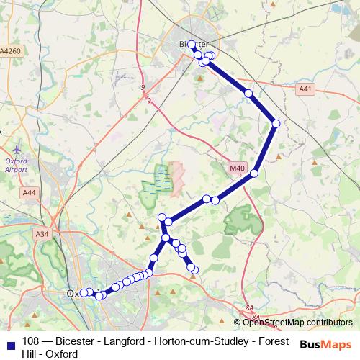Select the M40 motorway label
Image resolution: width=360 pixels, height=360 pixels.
[238, 168]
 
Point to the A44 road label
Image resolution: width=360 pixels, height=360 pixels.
[29, 193]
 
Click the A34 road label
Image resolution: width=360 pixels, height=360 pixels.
[42, 234]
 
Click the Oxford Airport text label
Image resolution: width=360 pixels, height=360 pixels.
[16, 165]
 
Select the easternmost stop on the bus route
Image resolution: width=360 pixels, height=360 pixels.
[276, 124]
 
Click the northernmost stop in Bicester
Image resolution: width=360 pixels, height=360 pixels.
[192, 45]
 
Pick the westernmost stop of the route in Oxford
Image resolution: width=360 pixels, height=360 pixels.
[83, 292]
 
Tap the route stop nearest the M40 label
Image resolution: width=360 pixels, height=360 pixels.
[254, 173]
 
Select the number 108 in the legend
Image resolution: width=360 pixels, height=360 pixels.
[31, 341]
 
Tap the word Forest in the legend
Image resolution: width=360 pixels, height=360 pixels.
[272, 341]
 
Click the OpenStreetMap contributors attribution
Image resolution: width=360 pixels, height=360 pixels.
[297, 323]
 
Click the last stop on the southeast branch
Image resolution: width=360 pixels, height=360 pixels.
[194, 269]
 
